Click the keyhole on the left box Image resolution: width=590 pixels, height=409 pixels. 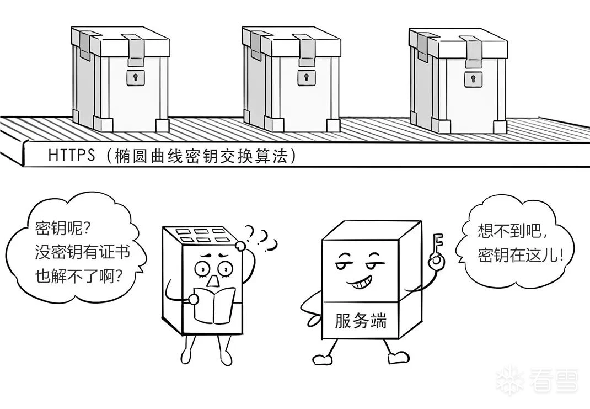click(x=133, y=78)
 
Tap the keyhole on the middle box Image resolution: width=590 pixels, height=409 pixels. click(x=303, y=78)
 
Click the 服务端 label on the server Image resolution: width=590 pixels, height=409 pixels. click(x=361, y=321)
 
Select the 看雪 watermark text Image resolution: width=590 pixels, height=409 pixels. click(x=554, y=381)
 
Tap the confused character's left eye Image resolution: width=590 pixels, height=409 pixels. click(x=202, y=269)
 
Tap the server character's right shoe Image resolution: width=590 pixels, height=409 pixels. click(x=399, y=358)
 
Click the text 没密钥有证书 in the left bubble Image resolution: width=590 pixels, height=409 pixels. click(x=82, y=252)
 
